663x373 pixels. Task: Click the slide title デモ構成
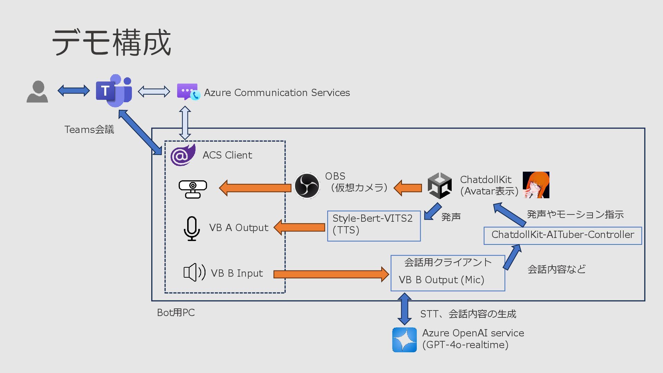(112, 42)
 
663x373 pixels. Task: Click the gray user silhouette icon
(37, 92)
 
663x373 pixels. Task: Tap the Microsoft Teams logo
(114, 90)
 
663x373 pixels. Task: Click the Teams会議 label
(89, 130)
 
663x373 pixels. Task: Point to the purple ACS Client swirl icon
(183, 155)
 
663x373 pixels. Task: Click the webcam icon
(193, 189)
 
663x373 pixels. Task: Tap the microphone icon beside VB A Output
(192, 228)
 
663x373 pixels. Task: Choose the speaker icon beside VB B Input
(194, 272)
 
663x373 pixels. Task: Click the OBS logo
(307, 186)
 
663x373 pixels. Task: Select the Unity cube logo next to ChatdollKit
(439, 186)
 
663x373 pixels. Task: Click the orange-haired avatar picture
(536, 185)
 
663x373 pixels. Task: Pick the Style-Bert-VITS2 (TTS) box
(374, 226)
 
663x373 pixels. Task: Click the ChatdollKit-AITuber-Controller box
(563, 236)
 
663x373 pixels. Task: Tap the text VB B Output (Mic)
(441, 280)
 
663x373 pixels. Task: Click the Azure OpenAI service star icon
(404, 340)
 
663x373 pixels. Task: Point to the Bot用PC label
(176, 313)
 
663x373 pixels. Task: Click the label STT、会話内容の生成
(468, 314)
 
